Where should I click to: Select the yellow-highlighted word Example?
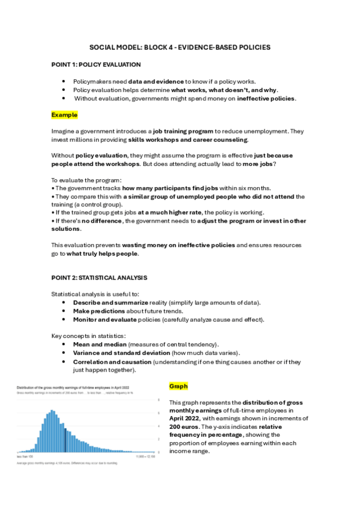64,114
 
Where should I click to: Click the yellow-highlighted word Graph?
178,386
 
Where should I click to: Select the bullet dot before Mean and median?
64,343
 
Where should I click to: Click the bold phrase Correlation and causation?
112,362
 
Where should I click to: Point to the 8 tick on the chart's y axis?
159,400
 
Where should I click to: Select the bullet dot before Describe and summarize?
64,302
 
